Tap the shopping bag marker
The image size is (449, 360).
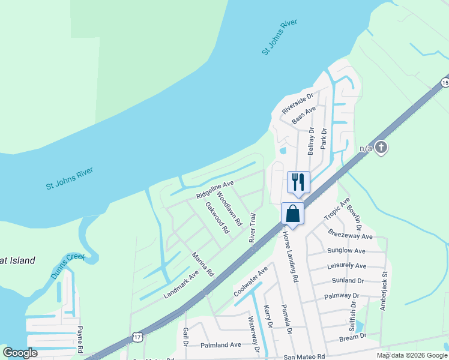coord(292,214)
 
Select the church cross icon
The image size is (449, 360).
coord(381,148)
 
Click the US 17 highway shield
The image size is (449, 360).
coord(138,337)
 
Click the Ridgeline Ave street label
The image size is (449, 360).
coord(214,188)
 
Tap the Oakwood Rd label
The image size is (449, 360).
coord(217,217)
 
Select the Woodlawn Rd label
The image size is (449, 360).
coord(229,209)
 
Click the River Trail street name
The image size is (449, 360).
coord(253,228)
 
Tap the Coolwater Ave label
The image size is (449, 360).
coord(250,281)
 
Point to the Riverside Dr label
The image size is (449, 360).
coord(298,103)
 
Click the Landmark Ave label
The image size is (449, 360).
coord(181,284)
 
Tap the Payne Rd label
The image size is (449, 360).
coord(79,340)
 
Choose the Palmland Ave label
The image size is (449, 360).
coord(220,345)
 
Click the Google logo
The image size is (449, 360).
coord(20,353)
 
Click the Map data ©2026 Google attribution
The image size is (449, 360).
coord(411,355)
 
